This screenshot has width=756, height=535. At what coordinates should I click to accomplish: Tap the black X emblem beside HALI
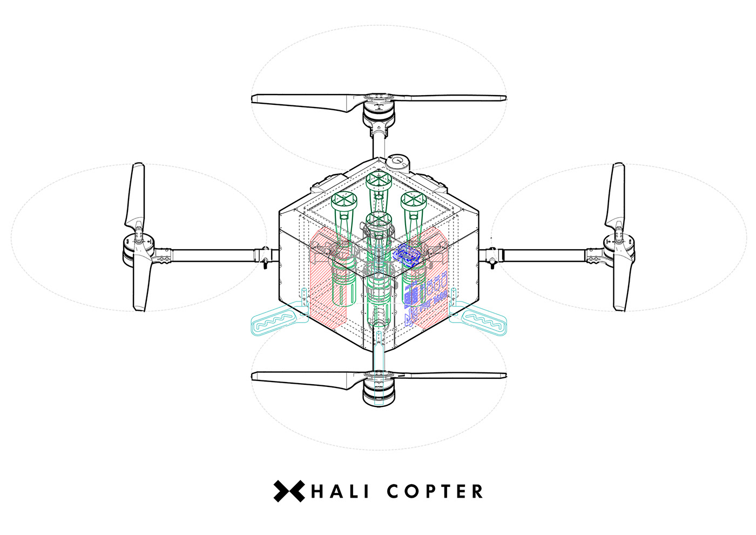coord(289,491)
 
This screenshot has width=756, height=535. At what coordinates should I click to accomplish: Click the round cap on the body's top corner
coord(398,160)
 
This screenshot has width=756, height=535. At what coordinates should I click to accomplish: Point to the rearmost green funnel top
coord(378,179)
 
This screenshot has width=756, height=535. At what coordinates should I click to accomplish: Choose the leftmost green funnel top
coord(345,200)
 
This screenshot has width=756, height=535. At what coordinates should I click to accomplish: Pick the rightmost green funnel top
coord(414,200)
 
